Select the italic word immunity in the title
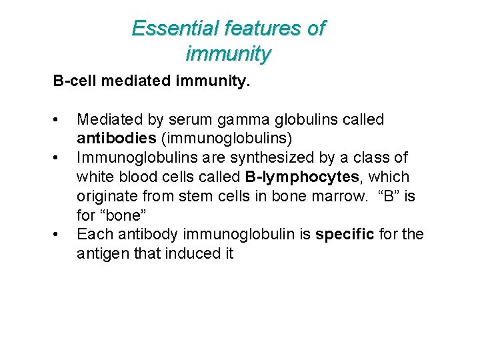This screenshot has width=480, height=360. tap(229, 53)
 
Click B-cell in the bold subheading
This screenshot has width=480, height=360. tap(74, 82)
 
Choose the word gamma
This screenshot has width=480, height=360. tap(244, 120)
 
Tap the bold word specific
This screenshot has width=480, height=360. tap(344, 235)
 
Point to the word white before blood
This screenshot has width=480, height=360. tap(94, 177)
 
